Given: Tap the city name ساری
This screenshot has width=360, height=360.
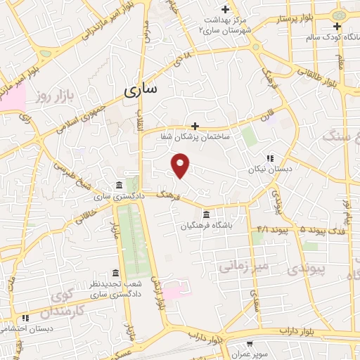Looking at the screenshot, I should [141, 90].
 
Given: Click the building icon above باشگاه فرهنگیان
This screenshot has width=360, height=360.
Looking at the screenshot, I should [206, 214].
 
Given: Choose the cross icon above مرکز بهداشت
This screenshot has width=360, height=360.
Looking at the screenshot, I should [224, 9].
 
